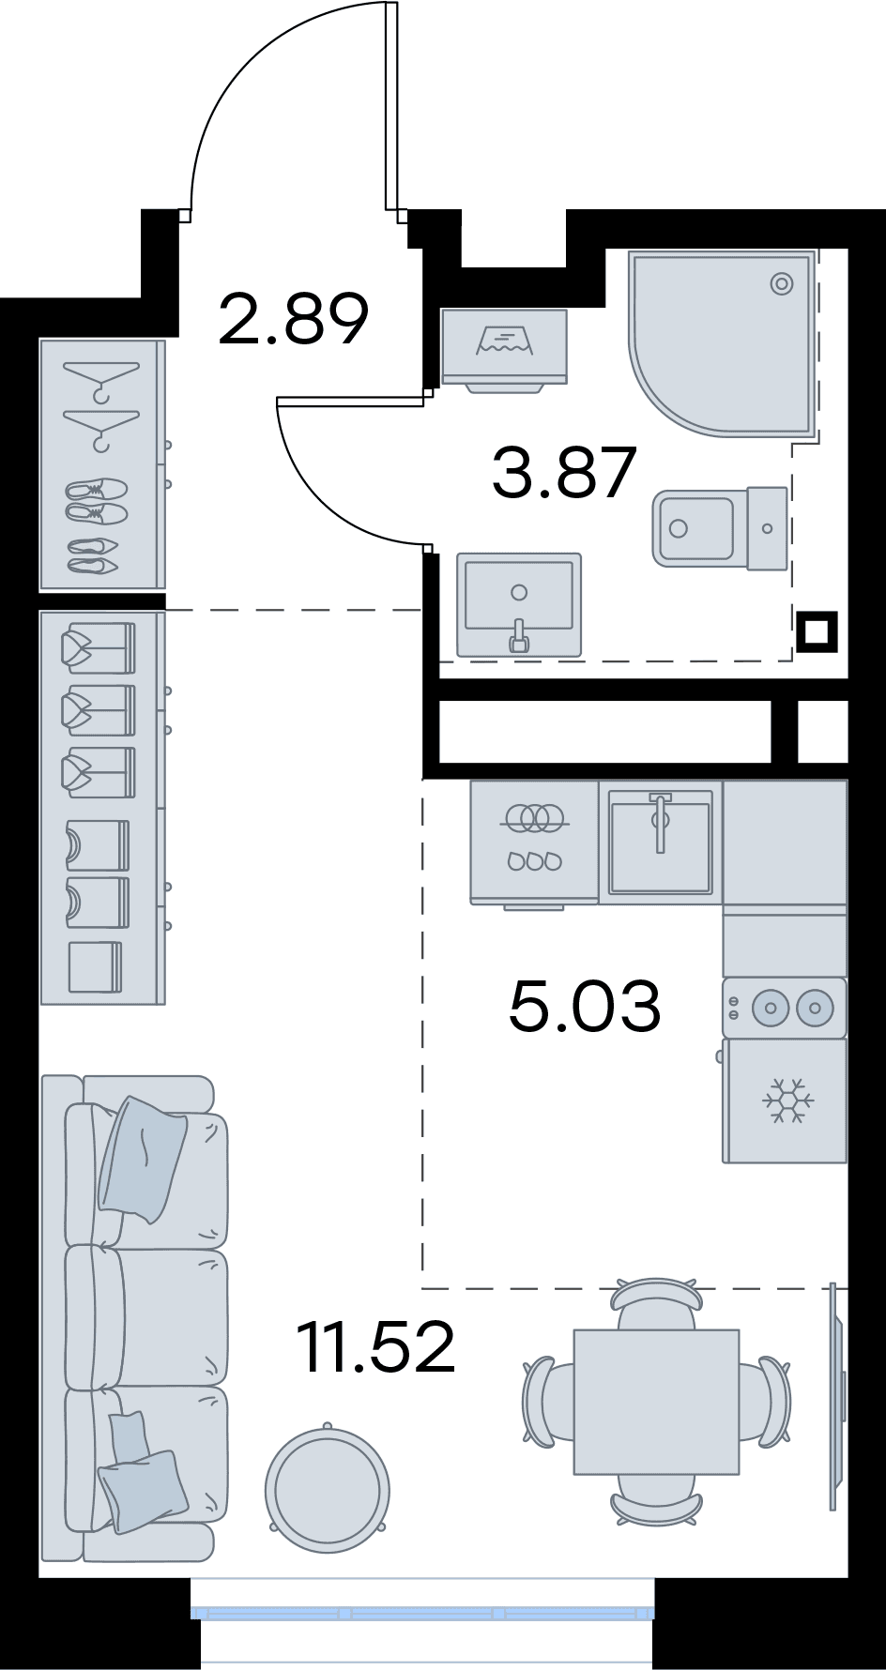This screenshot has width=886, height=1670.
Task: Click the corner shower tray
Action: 720,342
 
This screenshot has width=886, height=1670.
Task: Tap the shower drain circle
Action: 782,283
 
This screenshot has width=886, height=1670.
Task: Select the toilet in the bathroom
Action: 720,527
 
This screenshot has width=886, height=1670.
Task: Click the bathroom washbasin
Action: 519,604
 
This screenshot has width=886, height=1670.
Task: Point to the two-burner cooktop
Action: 785,1009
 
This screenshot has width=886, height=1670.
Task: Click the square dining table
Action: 656,1401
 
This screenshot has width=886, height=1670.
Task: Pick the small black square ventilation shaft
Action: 817,631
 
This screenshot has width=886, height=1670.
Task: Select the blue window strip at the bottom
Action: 422,1614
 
